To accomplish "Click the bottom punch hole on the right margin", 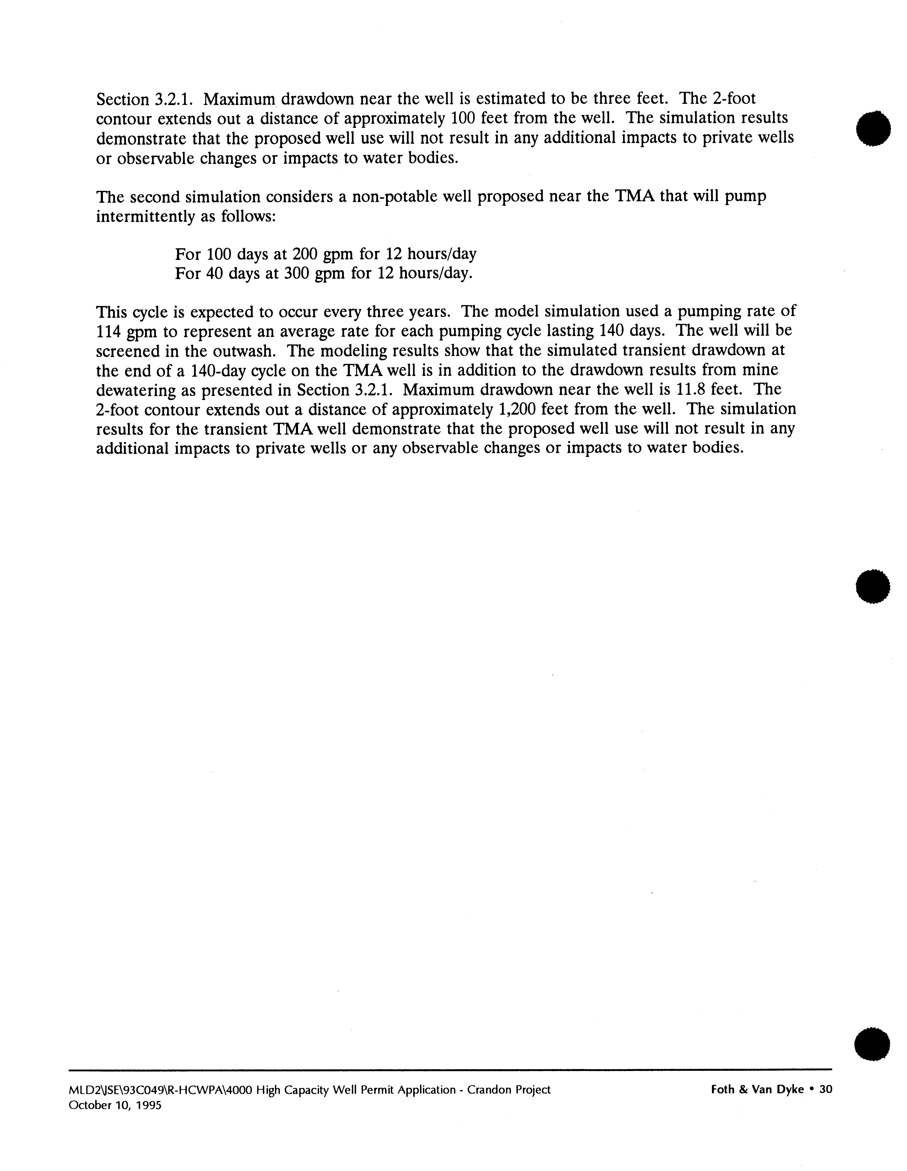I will (x=873, y=1043).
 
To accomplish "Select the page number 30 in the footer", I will (x=825, y=1089).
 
